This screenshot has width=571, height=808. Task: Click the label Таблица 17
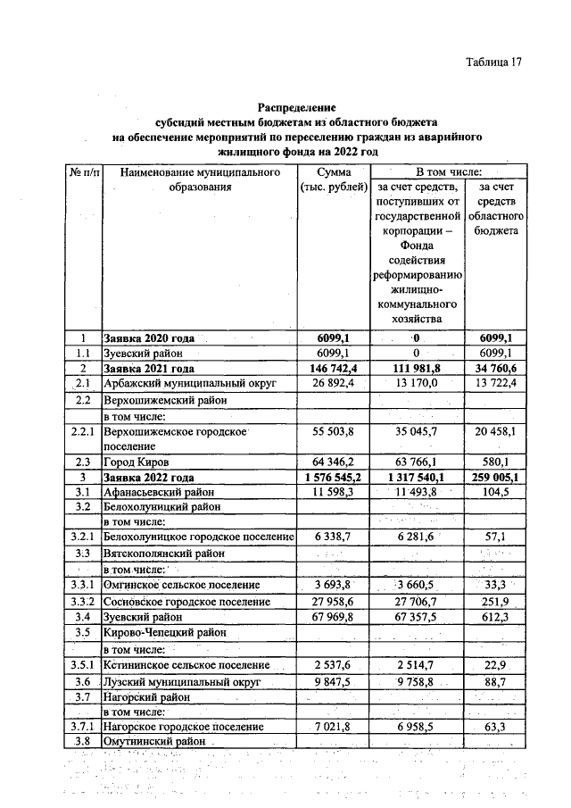pos(492,62)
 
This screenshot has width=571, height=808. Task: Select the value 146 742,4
pos(331,368)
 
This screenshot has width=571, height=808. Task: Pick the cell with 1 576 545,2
pos(331,478)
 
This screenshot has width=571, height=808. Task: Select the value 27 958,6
pos(331,602)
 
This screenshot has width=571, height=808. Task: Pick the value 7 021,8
pos(331,727)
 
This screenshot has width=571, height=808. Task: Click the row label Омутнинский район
pos(156,742)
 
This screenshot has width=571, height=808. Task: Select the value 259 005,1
pos(498,478)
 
